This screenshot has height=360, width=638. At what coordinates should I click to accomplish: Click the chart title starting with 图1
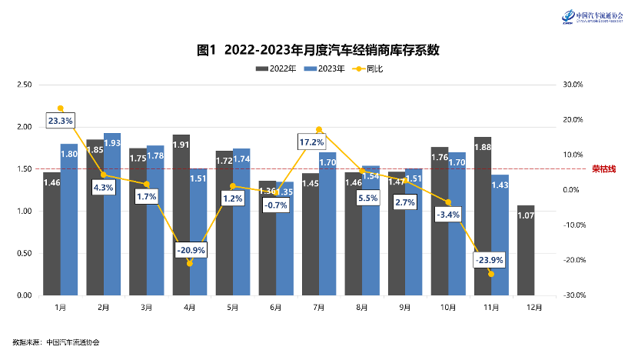[x=318, y=50]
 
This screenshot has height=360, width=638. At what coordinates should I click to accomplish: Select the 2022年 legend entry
[x=276, y=69]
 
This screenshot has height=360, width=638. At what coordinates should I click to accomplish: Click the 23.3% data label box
[x=60, y=121]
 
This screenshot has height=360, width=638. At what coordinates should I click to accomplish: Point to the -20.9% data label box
[x=189, y=251]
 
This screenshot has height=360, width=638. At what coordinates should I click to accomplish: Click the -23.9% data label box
[x=490, y=260]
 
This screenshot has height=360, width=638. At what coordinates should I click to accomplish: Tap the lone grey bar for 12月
[x=526, y=250]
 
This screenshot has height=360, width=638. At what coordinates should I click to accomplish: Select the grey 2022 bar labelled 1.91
[x=181, y=215]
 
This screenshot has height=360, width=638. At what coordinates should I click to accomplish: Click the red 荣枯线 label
[x=603, y=168]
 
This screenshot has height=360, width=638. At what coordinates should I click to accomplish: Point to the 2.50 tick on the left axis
[x=24, y=85]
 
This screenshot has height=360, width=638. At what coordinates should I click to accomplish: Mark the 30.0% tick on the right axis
[x=574, y=85]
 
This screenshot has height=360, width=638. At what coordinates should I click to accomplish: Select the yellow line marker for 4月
[x=189, y=263]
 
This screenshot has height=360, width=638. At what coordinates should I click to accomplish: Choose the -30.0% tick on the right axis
[x=576, y=295]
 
